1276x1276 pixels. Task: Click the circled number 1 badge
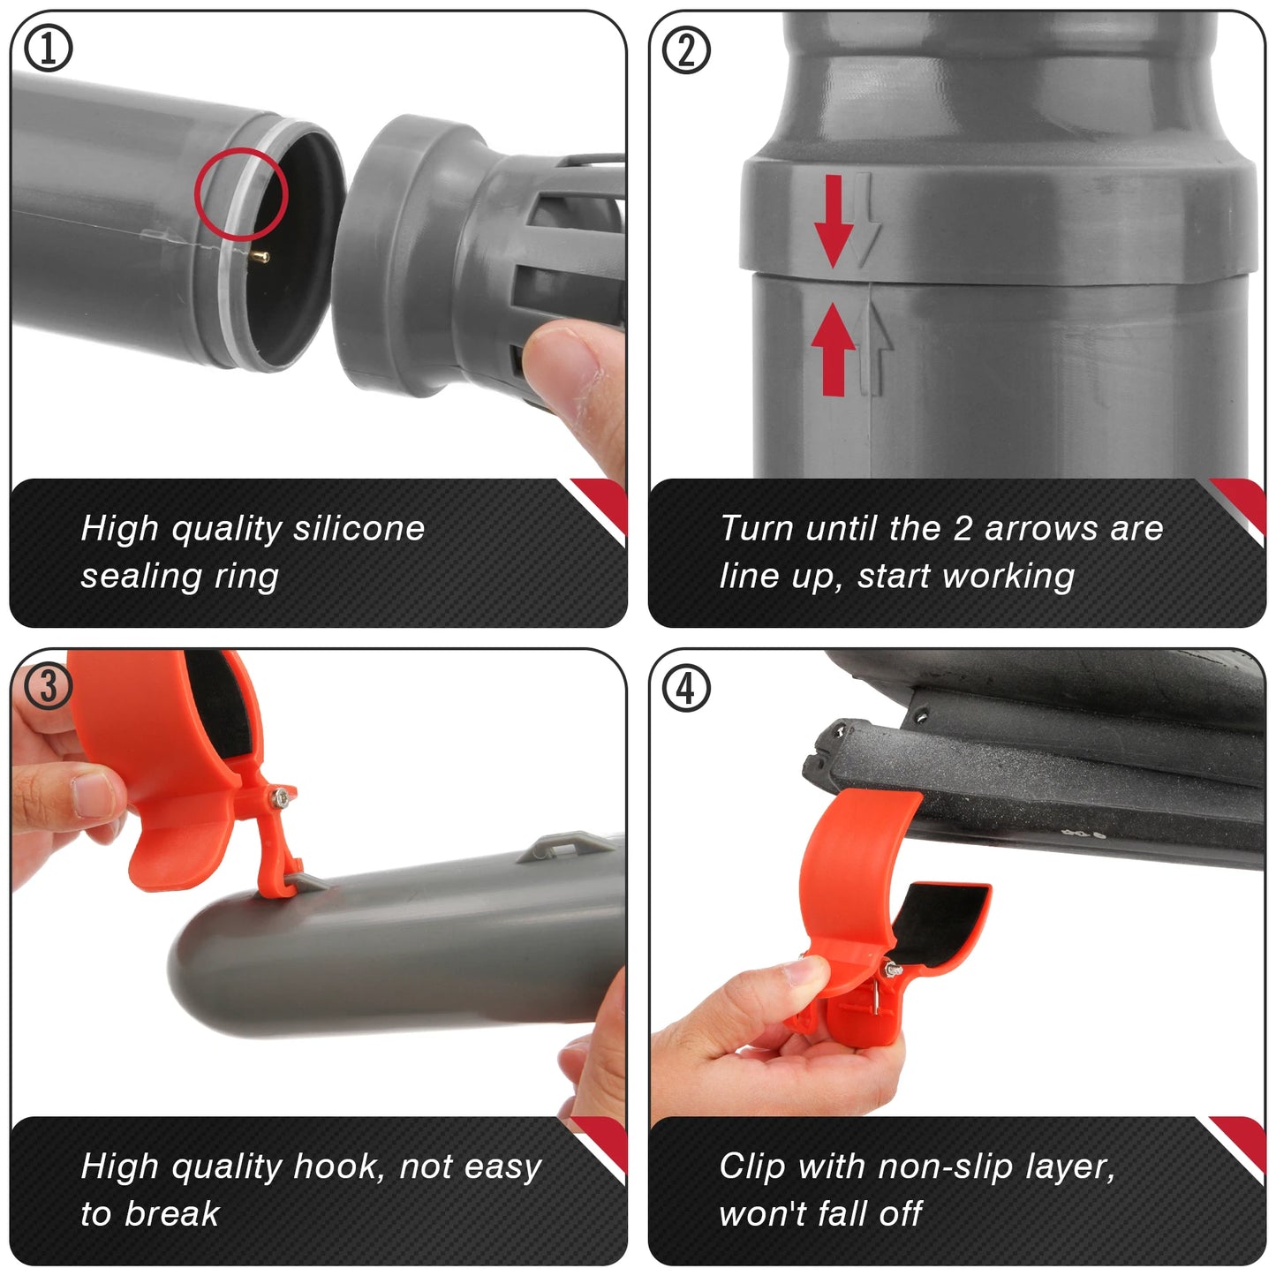pos(48,48)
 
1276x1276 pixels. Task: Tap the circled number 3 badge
pos(48,686)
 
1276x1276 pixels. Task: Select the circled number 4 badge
pos(686,688)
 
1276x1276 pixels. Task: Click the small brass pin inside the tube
pos(260,256)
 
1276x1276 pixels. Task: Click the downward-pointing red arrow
pos(833,221)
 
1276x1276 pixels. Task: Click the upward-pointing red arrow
pos(833,349)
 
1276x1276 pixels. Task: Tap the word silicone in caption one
pos(359,528)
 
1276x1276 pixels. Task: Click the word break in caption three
pos(172,1214)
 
